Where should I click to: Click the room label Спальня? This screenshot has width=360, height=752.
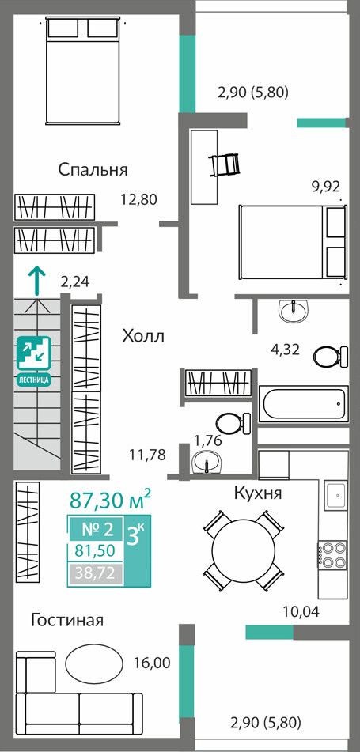[93, 170]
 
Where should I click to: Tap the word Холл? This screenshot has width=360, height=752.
[143, 336]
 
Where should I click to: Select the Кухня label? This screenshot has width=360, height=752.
[258, 493]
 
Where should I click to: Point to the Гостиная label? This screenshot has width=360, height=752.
[67, 620]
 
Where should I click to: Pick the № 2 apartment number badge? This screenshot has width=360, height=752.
[98, 530]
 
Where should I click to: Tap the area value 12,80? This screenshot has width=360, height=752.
[139, 199]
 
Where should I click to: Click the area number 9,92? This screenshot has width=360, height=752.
[325, 185]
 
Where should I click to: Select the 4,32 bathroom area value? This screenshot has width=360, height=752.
[285, 349]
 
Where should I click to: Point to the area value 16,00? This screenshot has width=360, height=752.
[152, 663]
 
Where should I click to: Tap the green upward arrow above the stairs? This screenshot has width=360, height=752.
[37, 280]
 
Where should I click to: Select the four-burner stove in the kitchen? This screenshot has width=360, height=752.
[332, 554]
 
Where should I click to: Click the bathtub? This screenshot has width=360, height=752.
[303, 405]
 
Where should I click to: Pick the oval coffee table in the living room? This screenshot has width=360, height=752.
[93, 663]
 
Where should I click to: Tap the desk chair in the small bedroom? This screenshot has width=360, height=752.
[225, 164]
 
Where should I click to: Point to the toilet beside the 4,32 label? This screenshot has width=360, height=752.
[330, 357]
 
